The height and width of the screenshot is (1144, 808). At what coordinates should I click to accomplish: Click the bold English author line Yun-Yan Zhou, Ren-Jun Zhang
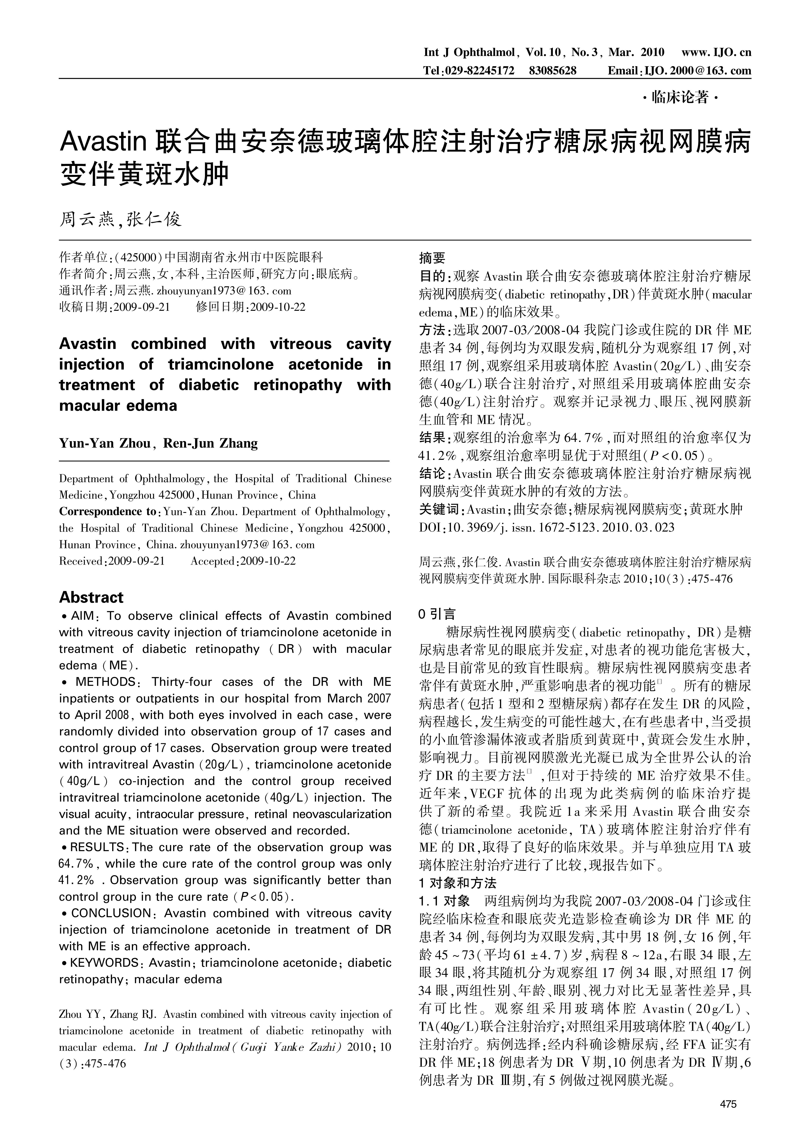(x=158, y=443)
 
